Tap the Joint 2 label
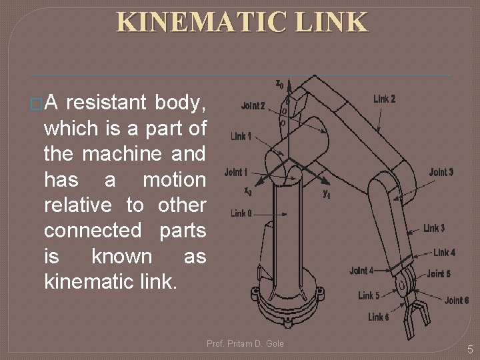click(x=253, y=106)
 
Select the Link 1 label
click(x=241, y=137)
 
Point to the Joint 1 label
click(x=236, y=173)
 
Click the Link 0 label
click(x=241, y=213)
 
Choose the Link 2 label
click(x=384, y=99)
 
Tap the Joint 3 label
click(x=441, y=172)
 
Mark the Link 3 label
click(x=434, y=229)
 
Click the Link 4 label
click(x=445, y=253)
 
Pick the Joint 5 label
click(x=439, y=274)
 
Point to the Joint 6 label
click(x=457, y=301)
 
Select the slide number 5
click(x=470, y=349)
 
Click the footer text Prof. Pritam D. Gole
click(x=245, y=343)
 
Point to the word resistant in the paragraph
click(x=107, y=103)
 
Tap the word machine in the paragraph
click(x=120, y=154)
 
